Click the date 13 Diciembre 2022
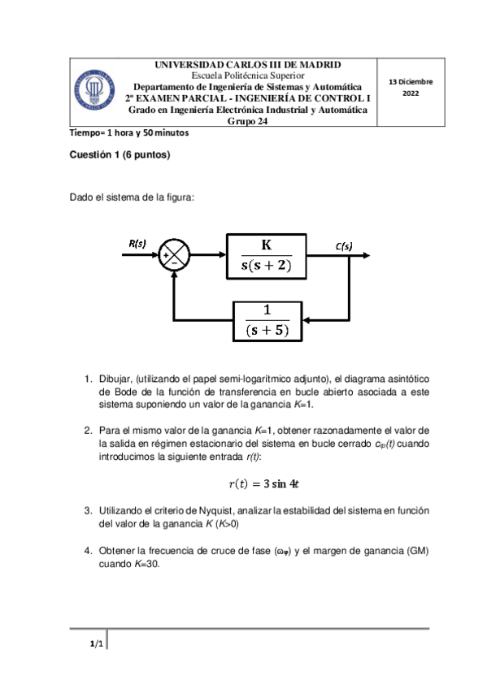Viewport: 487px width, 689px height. point(410,88)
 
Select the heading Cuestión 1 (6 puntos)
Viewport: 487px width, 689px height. point(120,154)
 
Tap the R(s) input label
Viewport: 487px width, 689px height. point(137,242)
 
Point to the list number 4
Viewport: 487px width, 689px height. point(89,552)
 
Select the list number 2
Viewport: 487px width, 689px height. point(89,429)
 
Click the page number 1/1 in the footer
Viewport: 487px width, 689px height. point(95,644)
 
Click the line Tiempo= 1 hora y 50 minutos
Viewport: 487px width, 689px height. point(128,133)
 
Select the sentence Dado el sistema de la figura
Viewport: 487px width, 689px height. point(133,197)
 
